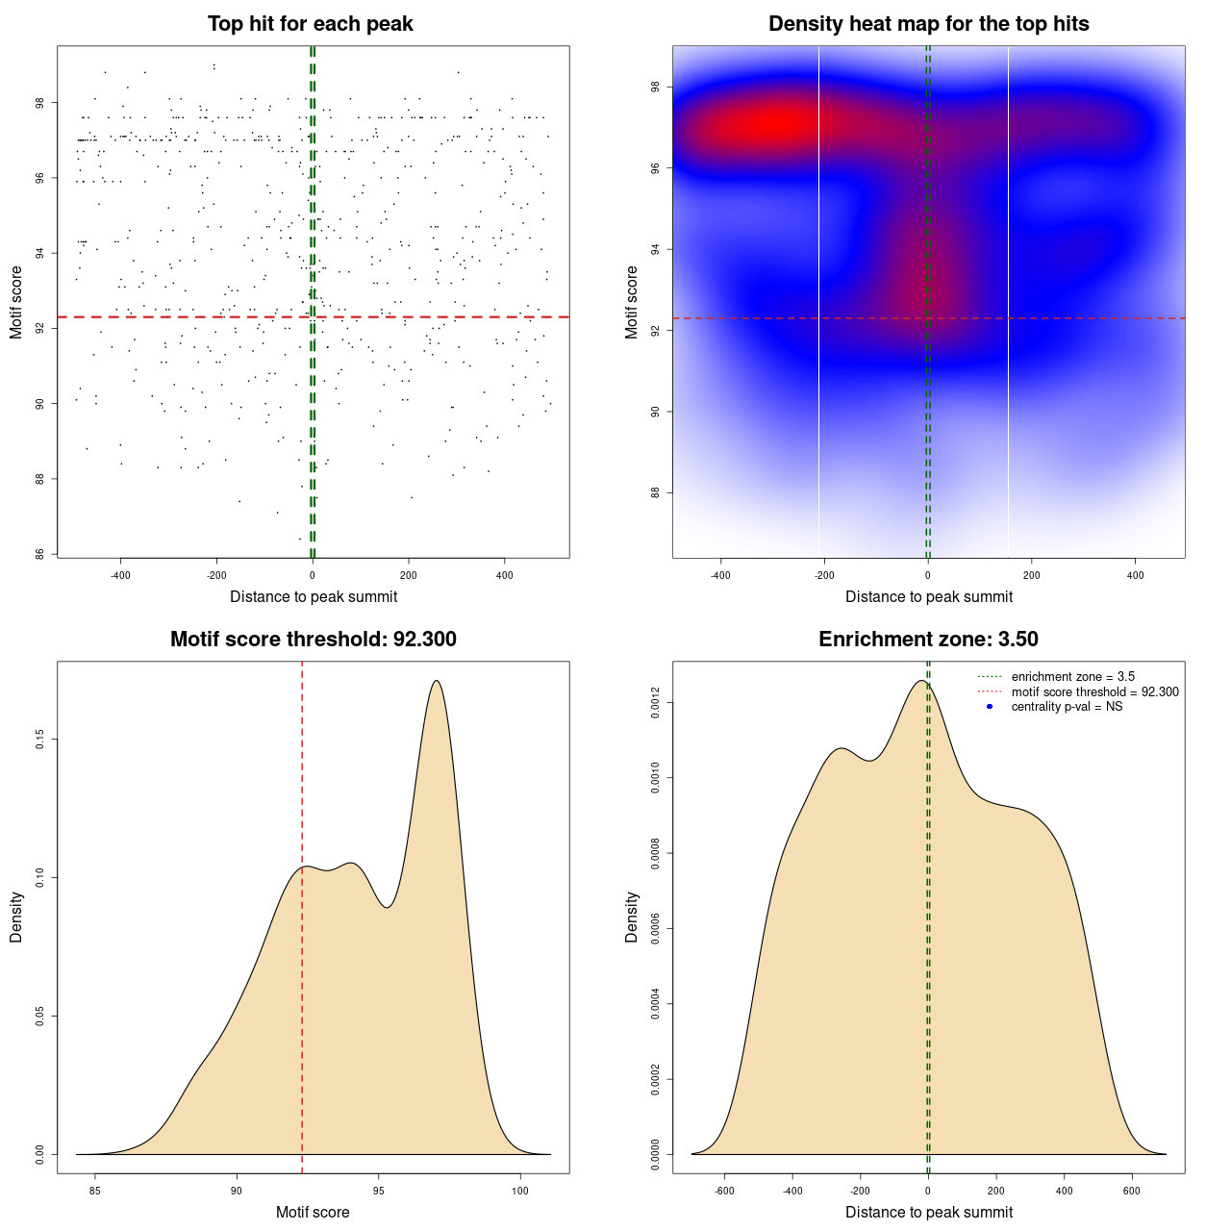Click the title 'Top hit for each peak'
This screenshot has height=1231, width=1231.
311,24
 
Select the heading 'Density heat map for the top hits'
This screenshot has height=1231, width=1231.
928,24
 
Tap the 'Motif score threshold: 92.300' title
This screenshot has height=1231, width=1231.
313,640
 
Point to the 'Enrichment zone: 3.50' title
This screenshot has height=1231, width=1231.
928,640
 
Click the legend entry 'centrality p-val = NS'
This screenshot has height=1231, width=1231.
1067,707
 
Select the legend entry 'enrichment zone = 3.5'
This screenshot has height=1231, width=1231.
1072,677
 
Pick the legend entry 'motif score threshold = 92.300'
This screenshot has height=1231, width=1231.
1094,692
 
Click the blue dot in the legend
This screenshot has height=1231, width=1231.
990,707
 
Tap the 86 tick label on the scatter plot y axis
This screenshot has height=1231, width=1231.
39,554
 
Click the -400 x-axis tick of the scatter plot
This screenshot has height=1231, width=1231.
120,575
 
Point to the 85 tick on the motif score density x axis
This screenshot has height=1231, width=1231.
94,1191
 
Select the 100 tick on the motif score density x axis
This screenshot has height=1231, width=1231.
520,1191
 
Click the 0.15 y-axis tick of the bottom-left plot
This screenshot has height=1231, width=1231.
39,739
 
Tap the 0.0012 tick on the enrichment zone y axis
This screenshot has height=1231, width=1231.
655,703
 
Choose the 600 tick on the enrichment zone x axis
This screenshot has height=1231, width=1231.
1132,1191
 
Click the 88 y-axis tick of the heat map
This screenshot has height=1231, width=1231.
655,493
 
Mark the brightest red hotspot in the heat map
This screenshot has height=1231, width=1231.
774,124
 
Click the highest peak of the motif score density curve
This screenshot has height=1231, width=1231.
437,681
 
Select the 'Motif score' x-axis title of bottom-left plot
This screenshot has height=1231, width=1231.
313,1213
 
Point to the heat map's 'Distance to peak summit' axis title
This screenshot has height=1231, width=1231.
928,597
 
